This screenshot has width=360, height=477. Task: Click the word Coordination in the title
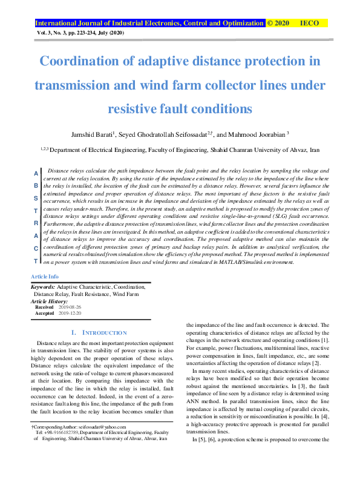tap(80, 61)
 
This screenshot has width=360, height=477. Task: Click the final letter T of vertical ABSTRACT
tap(36, 260)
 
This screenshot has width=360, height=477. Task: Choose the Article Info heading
tap(45, 276)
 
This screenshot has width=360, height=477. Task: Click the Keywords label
tap(43, 287)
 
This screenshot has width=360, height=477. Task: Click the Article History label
tap(49, 301)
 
